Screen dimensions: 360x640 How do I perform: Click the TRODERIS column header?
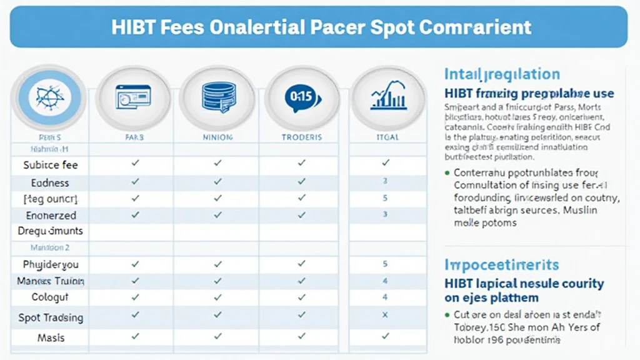pyautogui.click(x=302, y=137)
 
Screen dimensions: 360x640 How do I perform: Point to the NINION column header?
pyautogui.click(x=218, y=137)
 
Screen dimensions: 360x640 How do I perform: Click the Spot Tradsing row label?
pyautogui.click(x=51, y=317)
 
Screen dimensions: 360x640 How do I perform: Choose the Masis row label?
pyautogui.click(x=51, y=337)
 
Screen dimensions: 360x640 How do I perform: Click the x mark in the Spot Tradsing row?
pyautogui.click(x=385, y=316)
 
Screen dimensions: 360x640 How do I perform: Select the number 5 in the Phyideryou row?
pyautogui.click(x=385, y=264)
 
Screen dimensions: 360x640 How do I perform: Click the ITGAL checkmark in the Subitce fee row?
pyautogui.click(x=385, y=163)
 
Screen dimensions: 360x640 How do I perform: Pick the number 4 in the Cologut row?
pyautogui.click(x=385, y=297)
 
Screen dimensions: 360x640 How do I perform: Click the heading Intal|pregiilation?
pyautogui.click(x=502, y=74)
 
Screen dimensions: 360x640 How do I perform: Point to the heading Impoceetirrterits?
pyautogui.click(x=501, y=264)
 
